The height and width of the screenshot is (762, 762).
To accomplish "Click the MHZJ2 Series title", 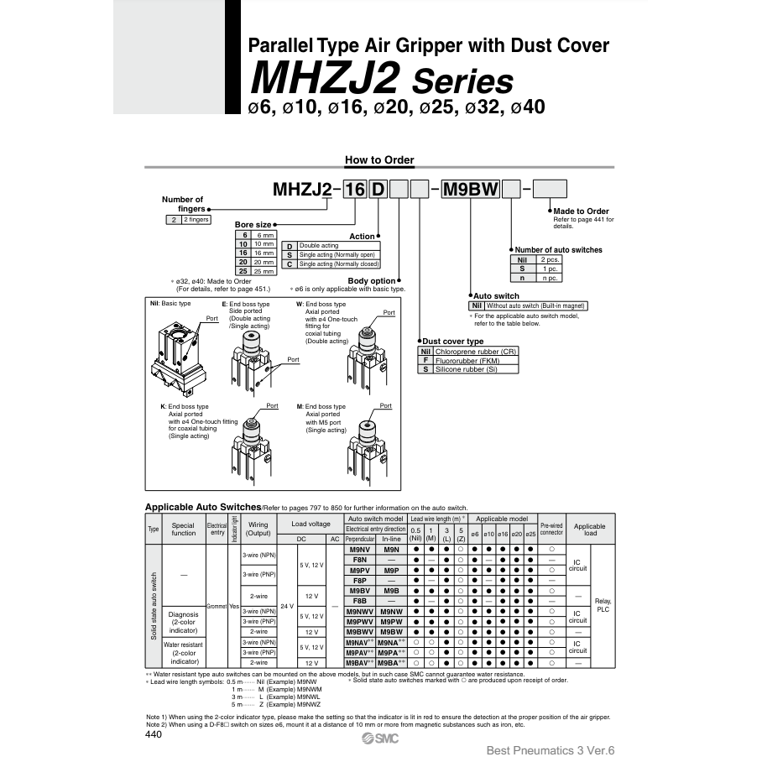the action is tap(382, 81).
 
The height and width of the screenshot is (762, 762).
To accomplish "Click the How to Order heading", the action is tap(379, 160).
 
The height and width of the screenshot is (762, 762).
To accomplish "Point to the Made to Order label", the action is tap(582, 211).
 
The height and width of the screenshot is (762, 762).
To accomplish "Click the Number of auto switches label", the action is tap(558, 249).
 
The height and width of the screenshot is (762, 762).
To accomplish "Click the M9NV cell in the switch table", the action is tap(359, 549).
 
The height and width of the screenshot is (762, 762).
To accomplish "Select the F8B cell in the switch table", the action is tap(359, 601).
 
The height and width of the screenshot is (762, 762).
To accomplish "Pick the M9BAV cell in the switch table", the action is tap(359, 662).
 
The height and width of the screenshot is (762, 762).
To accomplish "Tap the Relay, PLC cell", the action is tap(603, 605).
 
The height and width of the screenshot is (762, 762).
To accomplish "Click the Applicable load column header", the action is tap(589, 530).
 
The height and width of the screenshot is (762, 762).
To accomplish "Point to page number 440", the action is tap(154, 734).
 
